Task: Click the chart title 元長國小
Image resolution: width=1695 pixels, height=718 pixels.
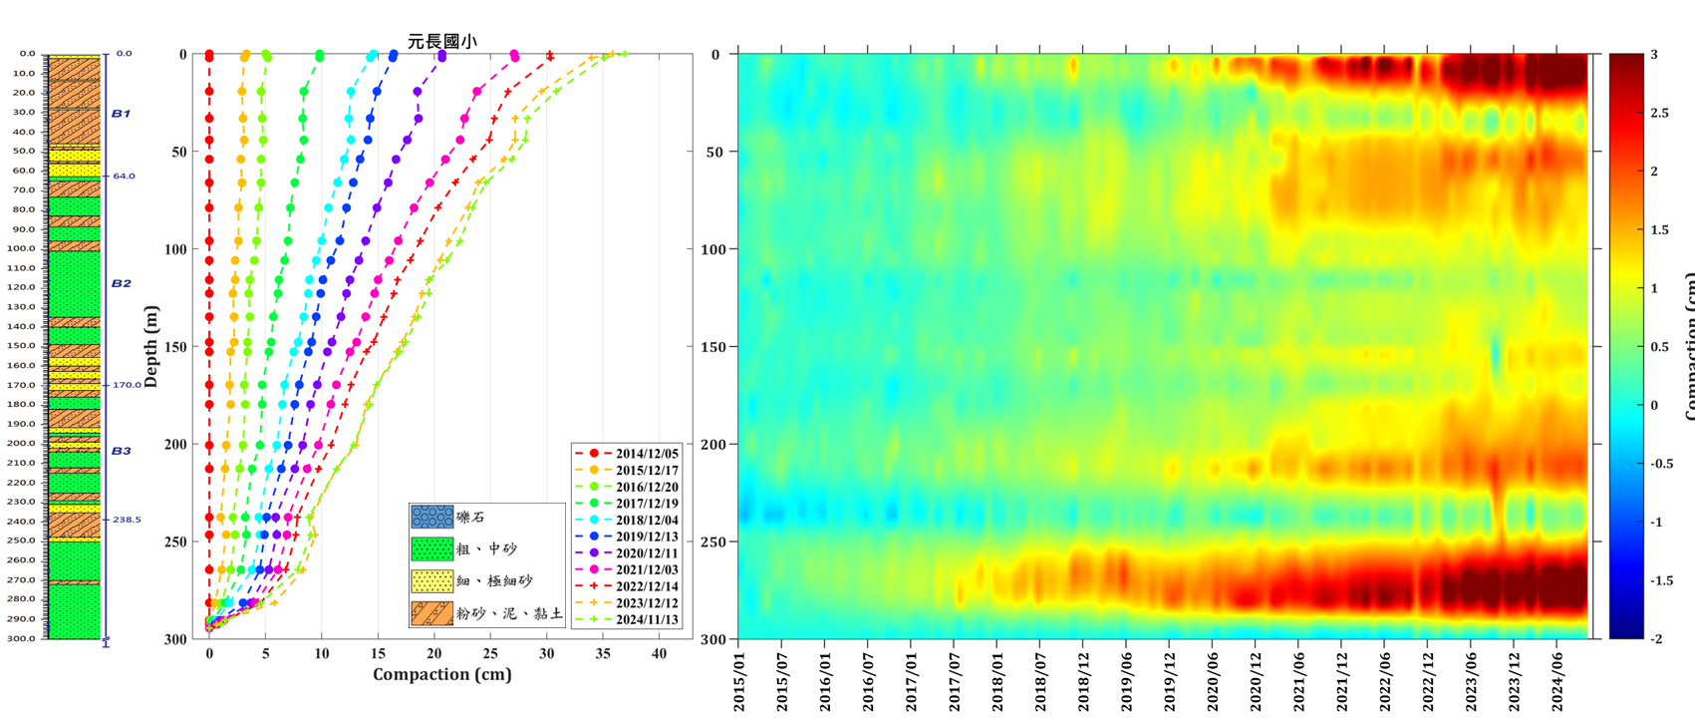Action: (441, 41)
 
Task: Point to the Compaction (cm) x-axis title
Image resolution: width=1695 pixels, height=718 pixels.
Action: (441, 674)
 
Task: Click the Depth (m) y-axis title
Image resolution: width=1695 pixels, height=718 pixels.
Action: (151, 347)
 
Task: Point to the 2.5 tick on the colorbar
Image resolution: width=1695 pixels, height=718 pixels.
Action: (1659, 114)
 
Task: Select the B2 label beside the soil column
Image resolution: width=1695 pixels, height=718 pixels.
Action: (121, 283)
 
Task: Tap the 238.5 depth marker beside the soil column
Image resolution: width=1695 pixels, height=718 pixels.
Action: (127, 520)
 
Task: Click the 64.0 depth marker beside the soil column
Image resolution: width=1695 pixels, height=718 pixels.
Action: (124, 177)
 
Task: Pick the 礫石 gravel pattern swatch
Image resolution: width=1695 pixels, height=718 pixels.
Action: (431, 517)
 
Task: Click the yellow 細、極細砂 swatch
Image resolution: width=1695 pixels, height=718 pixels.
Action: (431, 581)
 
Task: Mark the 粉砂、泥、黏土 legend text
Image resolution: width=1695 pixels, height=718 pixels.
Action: (509, 614)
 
